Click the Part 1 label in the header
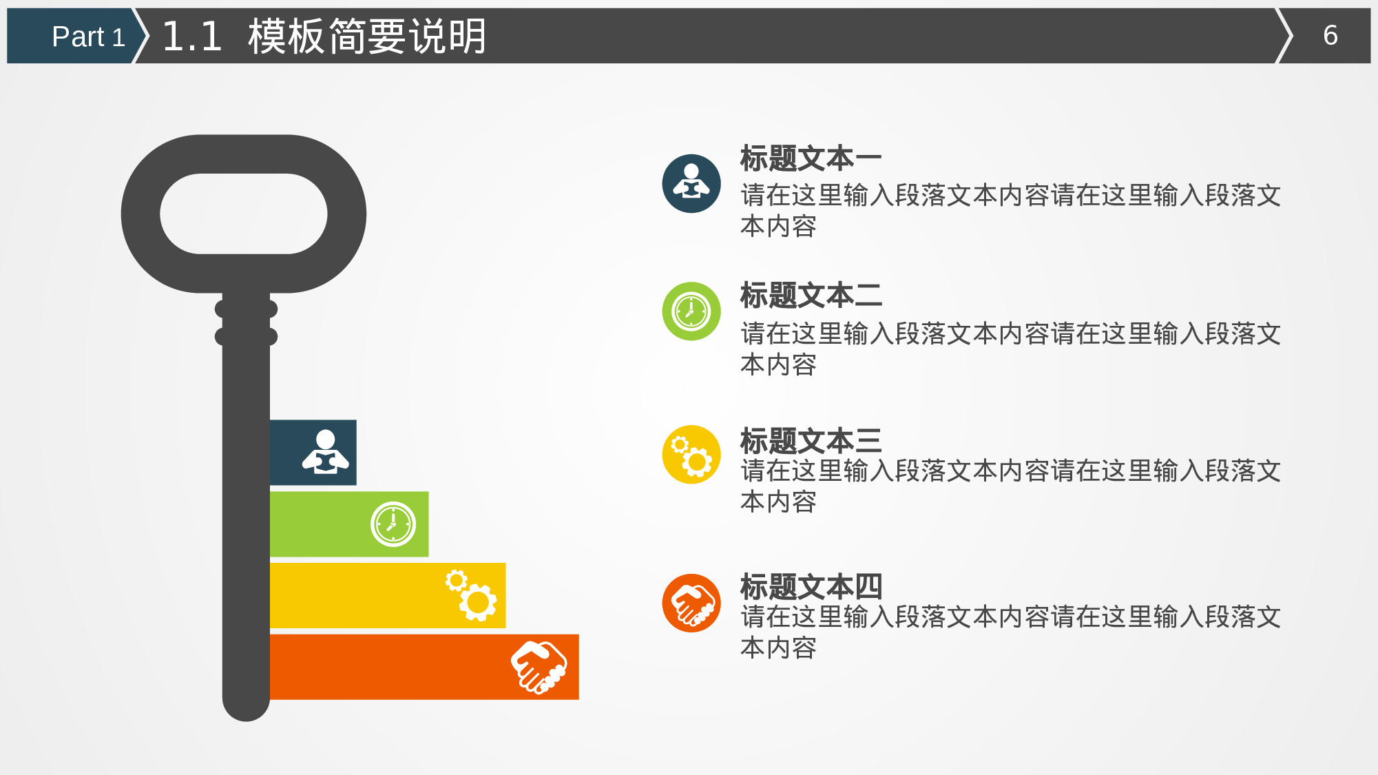point(87,37)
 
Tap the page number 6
point(1330,36)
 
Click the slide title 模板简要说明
point(367,37)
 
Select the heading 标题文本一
point(811,159)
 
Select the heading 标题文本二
point(811,296)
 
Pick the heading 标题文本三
point(811,441)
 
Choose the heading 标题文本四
point(811,587)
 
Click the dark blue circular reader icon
point(691,183)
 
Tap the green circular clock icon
point(691,311)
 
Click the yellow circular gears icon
point(691,455)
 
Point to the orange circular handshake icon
point(691,603)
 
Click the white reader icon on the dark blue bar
point(325,453)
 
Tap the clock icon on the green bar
point(393,524)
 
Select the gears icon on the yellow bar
point(472,595)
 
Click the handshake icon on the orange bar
point(539,667)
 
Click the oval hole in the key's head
point(243,214)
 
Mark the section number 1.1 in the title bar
point(191,37)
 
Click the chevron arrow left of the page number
point(1284,36)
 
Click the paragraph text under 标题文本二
point(1010,349)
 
